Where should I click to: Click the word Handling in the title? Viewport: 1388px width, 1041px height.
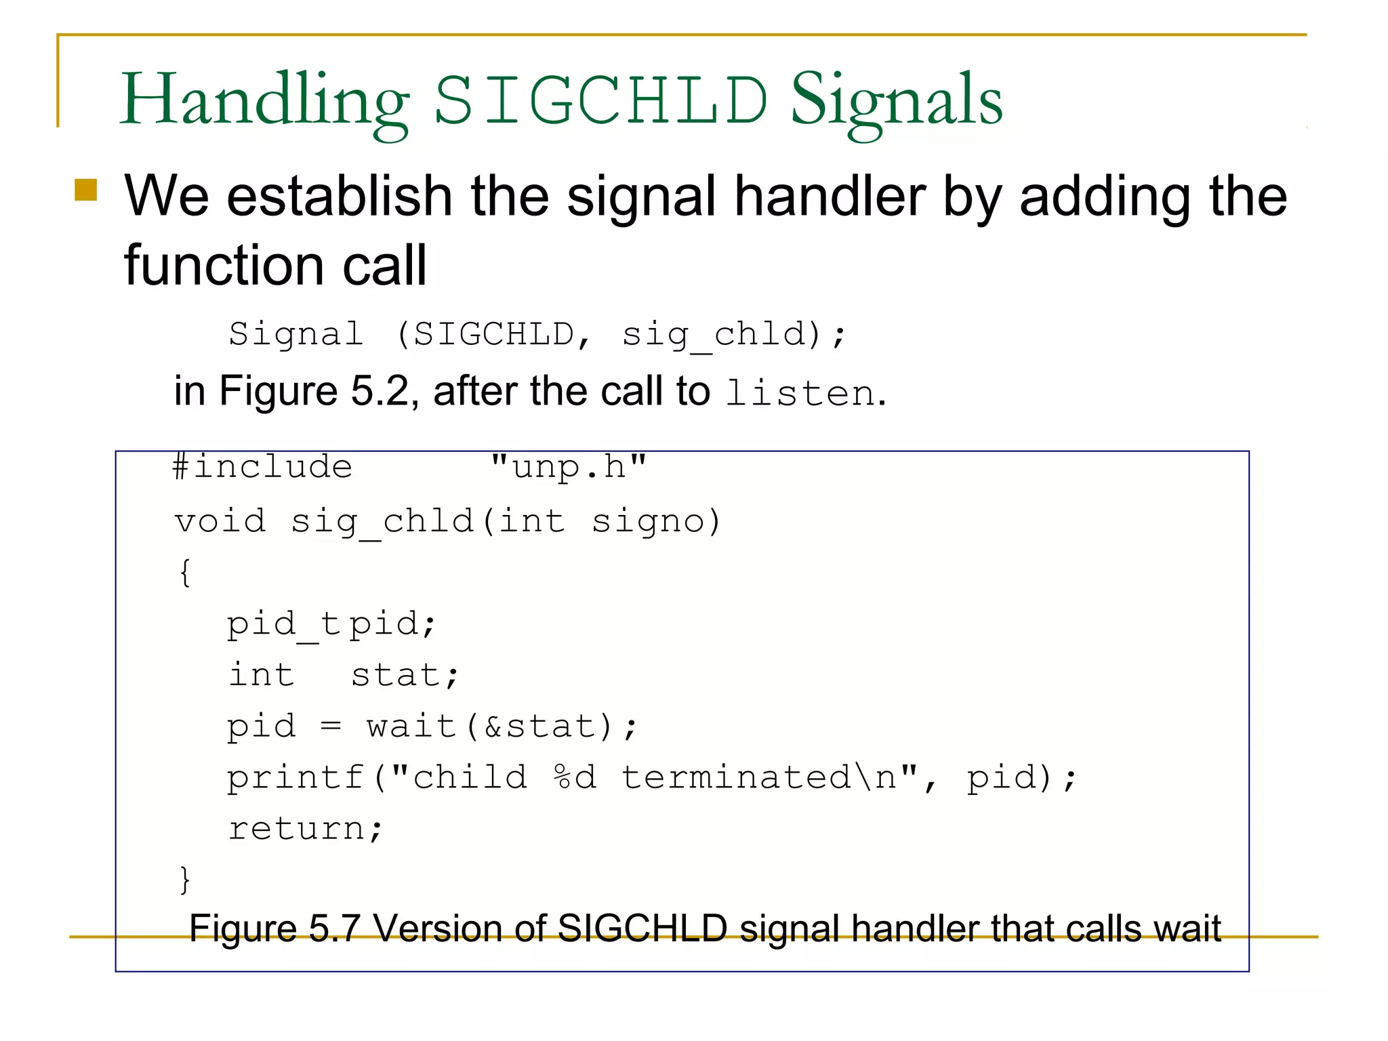point(264,100)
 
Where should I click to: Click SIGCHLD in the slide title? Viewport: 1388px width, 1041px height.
point(600,100)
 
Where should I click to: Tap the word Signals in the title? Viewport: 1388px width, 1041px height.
point(896,100)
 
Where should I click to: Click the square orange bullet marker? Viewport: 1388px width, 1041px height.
point(86,190)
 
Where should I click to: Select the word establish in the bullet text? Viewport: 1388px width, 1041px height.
point(339,196)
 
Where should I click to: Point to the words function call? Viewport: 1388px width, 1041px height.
point(275,265)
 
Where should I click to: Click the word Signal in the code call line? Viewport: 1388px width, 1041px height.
point(296,334)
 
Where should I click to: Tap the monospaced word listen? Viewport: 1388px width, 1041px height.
point(800,393)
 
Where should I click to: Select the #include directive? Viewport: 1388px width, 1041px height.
point(262,467)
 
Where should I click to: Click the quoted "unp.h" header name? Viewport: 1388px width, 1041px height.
point(568,467)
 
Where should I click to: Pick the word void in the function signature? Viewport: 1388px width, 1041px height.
point(220,521)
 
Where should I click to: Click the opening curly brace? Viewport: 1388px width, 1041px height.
point(185,573)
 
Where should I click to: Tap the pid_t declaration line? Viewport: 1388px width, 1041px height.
point(330,624)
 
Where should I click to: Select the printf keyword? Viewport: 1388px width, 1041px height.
point(295,777)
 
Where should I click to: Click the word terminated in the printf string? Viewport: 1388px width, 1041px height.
point(735,777)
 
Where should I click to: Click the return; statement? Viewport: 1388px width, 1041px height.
point(305,829)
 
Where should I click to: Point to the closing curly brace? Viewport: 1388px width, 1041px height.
point(185,880)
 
